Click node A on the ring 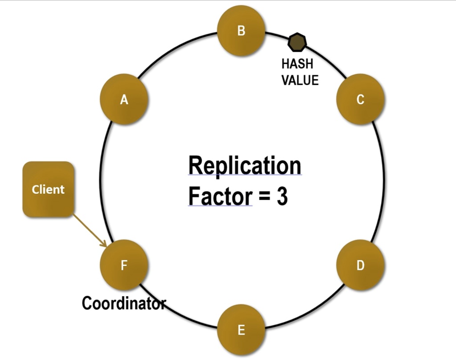point(124,100)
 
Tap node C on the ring point(360,99)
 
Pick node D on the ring point(360,266)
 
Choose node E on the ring point(241,330)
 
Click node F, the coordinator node point(124,266)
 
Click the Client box point(48,189)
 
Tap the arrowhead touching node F point(105,245)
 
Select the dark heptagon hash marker point(297,42)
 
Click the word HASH point(297,64)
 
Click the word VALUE point(300,80)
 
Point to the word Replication point(244,165)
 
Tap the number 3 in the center point(282,196)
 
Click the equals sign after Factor point(264,197)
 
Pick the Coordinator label point(124,303)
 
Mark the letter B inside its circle point(241,31)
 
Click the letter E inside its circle point(241,330)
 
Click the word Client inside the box point(48,189)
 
